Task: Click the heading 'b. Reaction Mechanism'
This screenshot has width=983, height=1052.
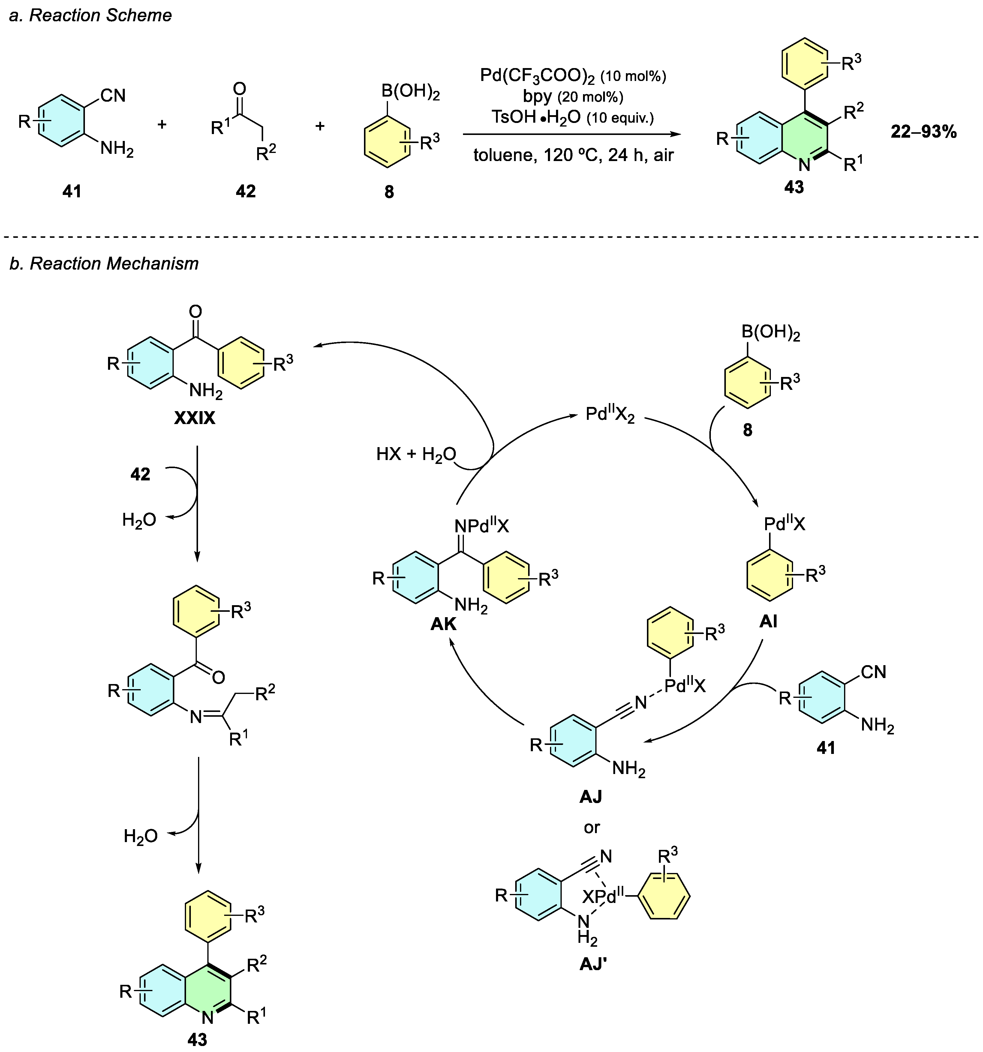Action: point(104,264)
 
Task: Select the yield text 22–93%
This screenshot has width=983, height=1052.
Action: point(923,131)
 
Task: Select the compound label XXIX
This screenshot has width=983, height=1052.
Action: point(194,418)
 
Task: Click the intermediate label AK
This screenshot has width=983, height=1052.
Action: point(443,624)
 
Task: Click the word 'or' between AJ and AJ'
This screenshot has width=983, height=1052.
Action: point(592,827)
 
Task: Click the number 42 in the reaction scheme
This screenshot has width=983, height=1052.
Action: point(246,191)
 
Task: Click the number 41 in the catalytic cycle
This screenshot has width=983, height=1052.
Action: point(826,748)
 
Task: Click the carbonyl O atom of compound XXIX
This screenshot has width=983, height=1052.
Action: point(195,312)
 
